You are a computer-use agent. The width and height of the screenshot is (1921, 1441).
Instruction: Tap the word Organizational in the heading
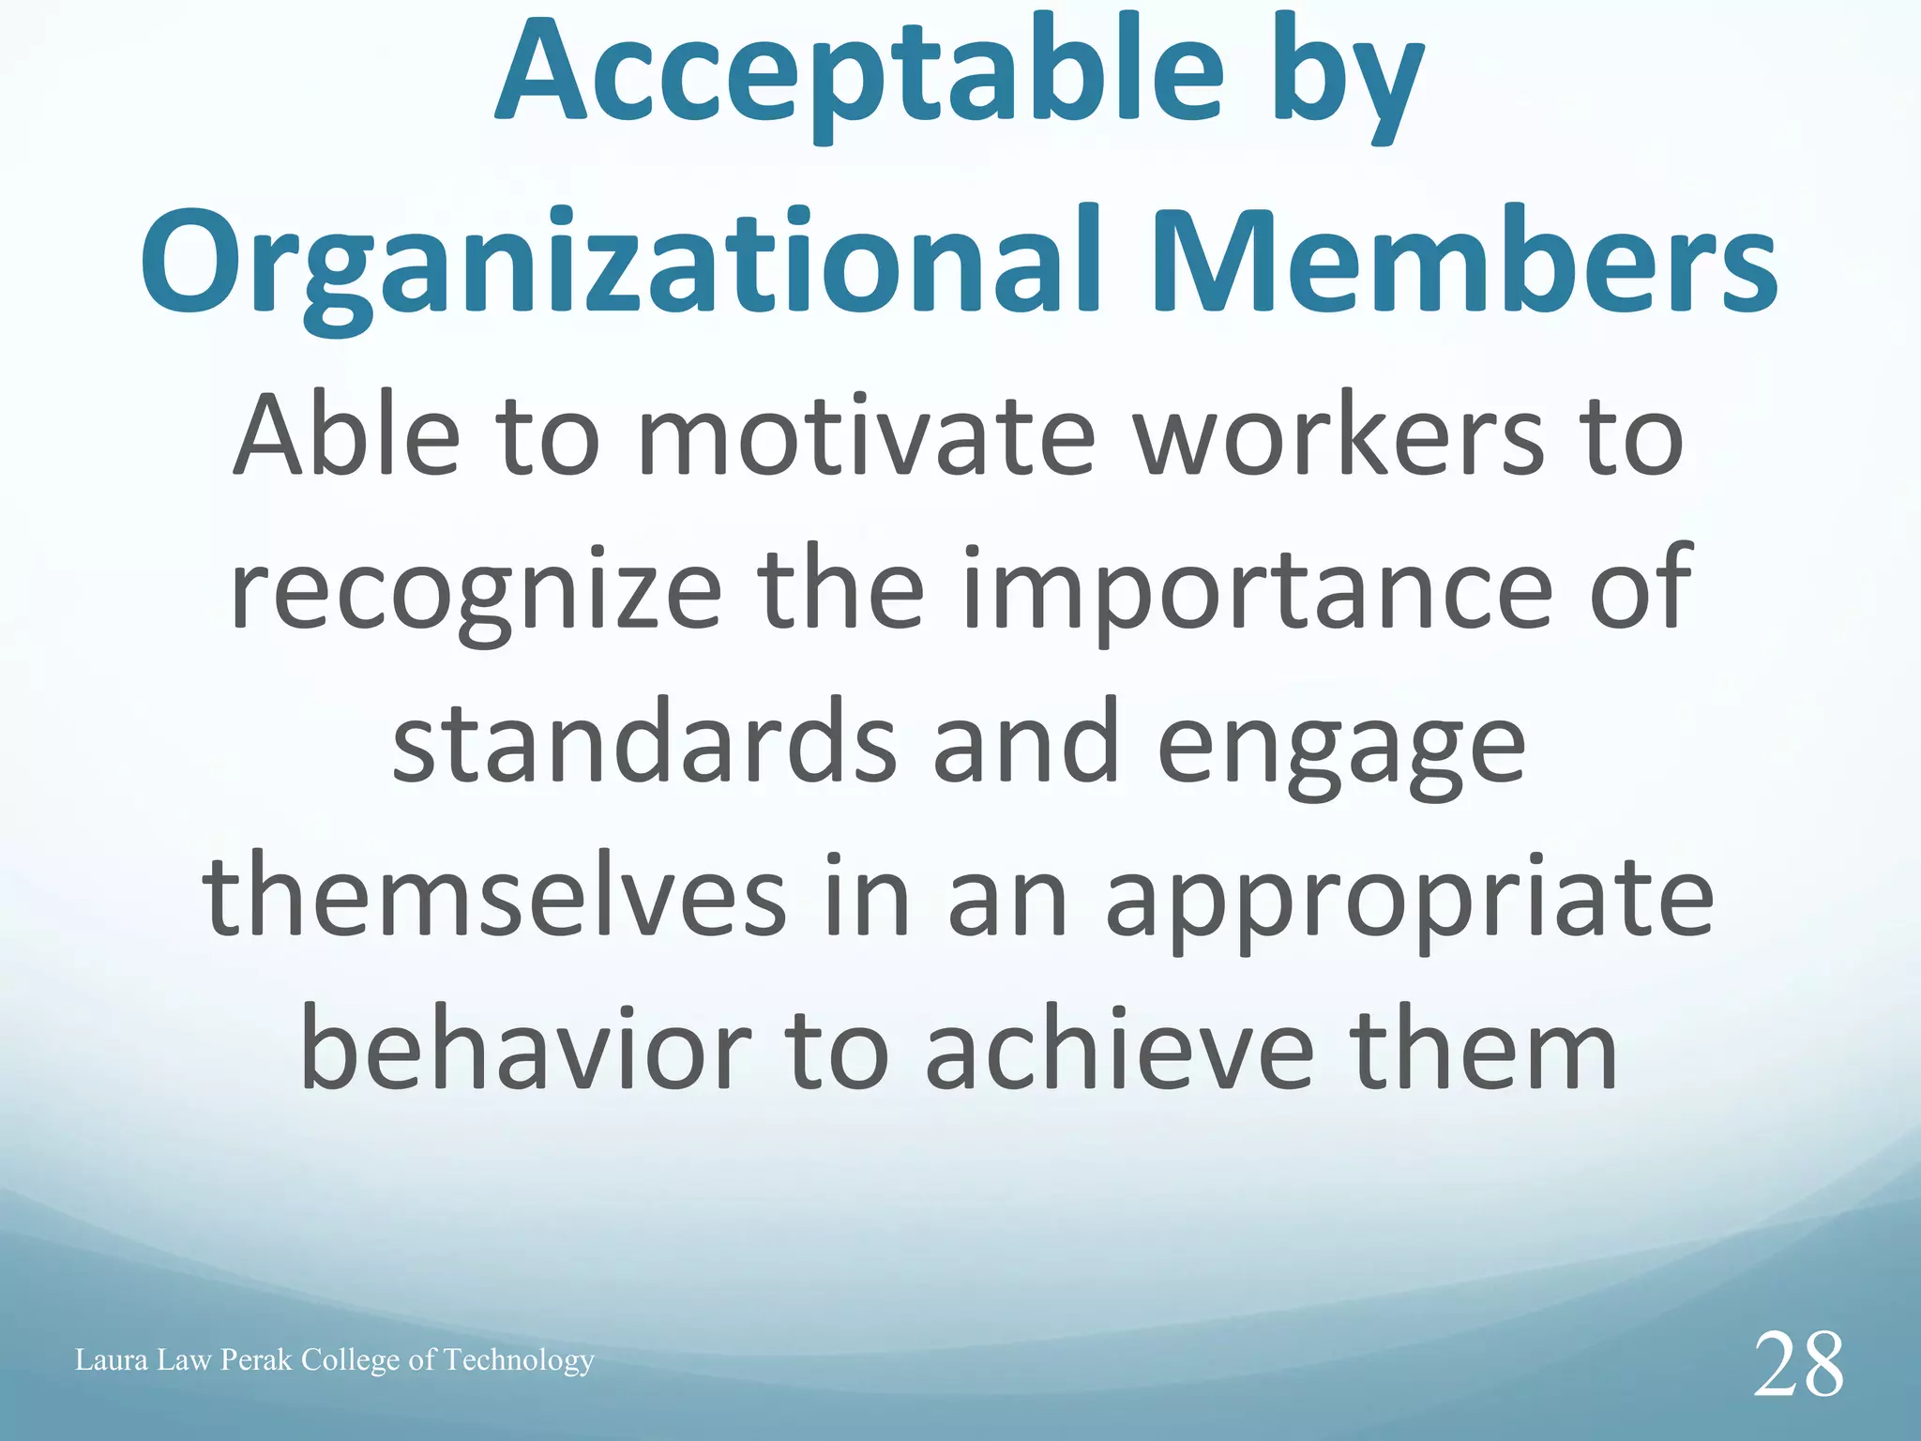pos(619,263)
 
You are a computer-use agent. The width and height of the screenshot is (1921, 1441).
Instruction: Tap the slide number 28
pos(1798,1366)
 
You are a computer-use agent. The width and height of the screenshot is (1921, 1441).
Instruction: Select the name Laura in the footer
pos(112,1359)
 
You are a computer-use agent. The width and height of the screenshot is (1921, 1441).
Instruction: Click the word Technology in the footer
pos(519,1361)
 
